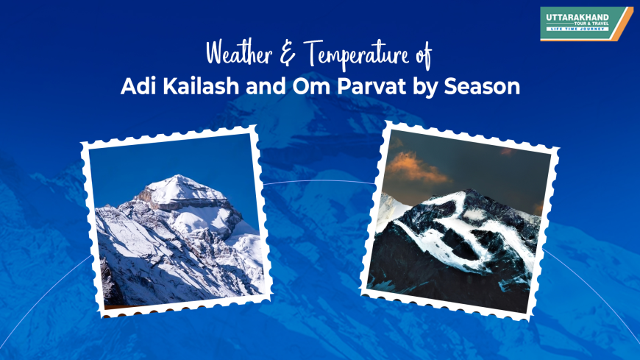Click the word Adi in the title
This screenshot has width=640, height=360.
tap(136, 86)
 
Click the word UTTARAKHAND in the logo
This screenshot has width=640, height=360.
tap(578, 15)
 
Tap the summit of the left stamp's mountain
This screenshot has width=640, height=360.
tap(177, 178)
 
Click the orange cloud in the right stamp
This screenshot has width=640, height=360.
tap(418, 166)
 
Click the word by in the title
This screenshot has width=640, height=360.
tap(423, 87)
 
